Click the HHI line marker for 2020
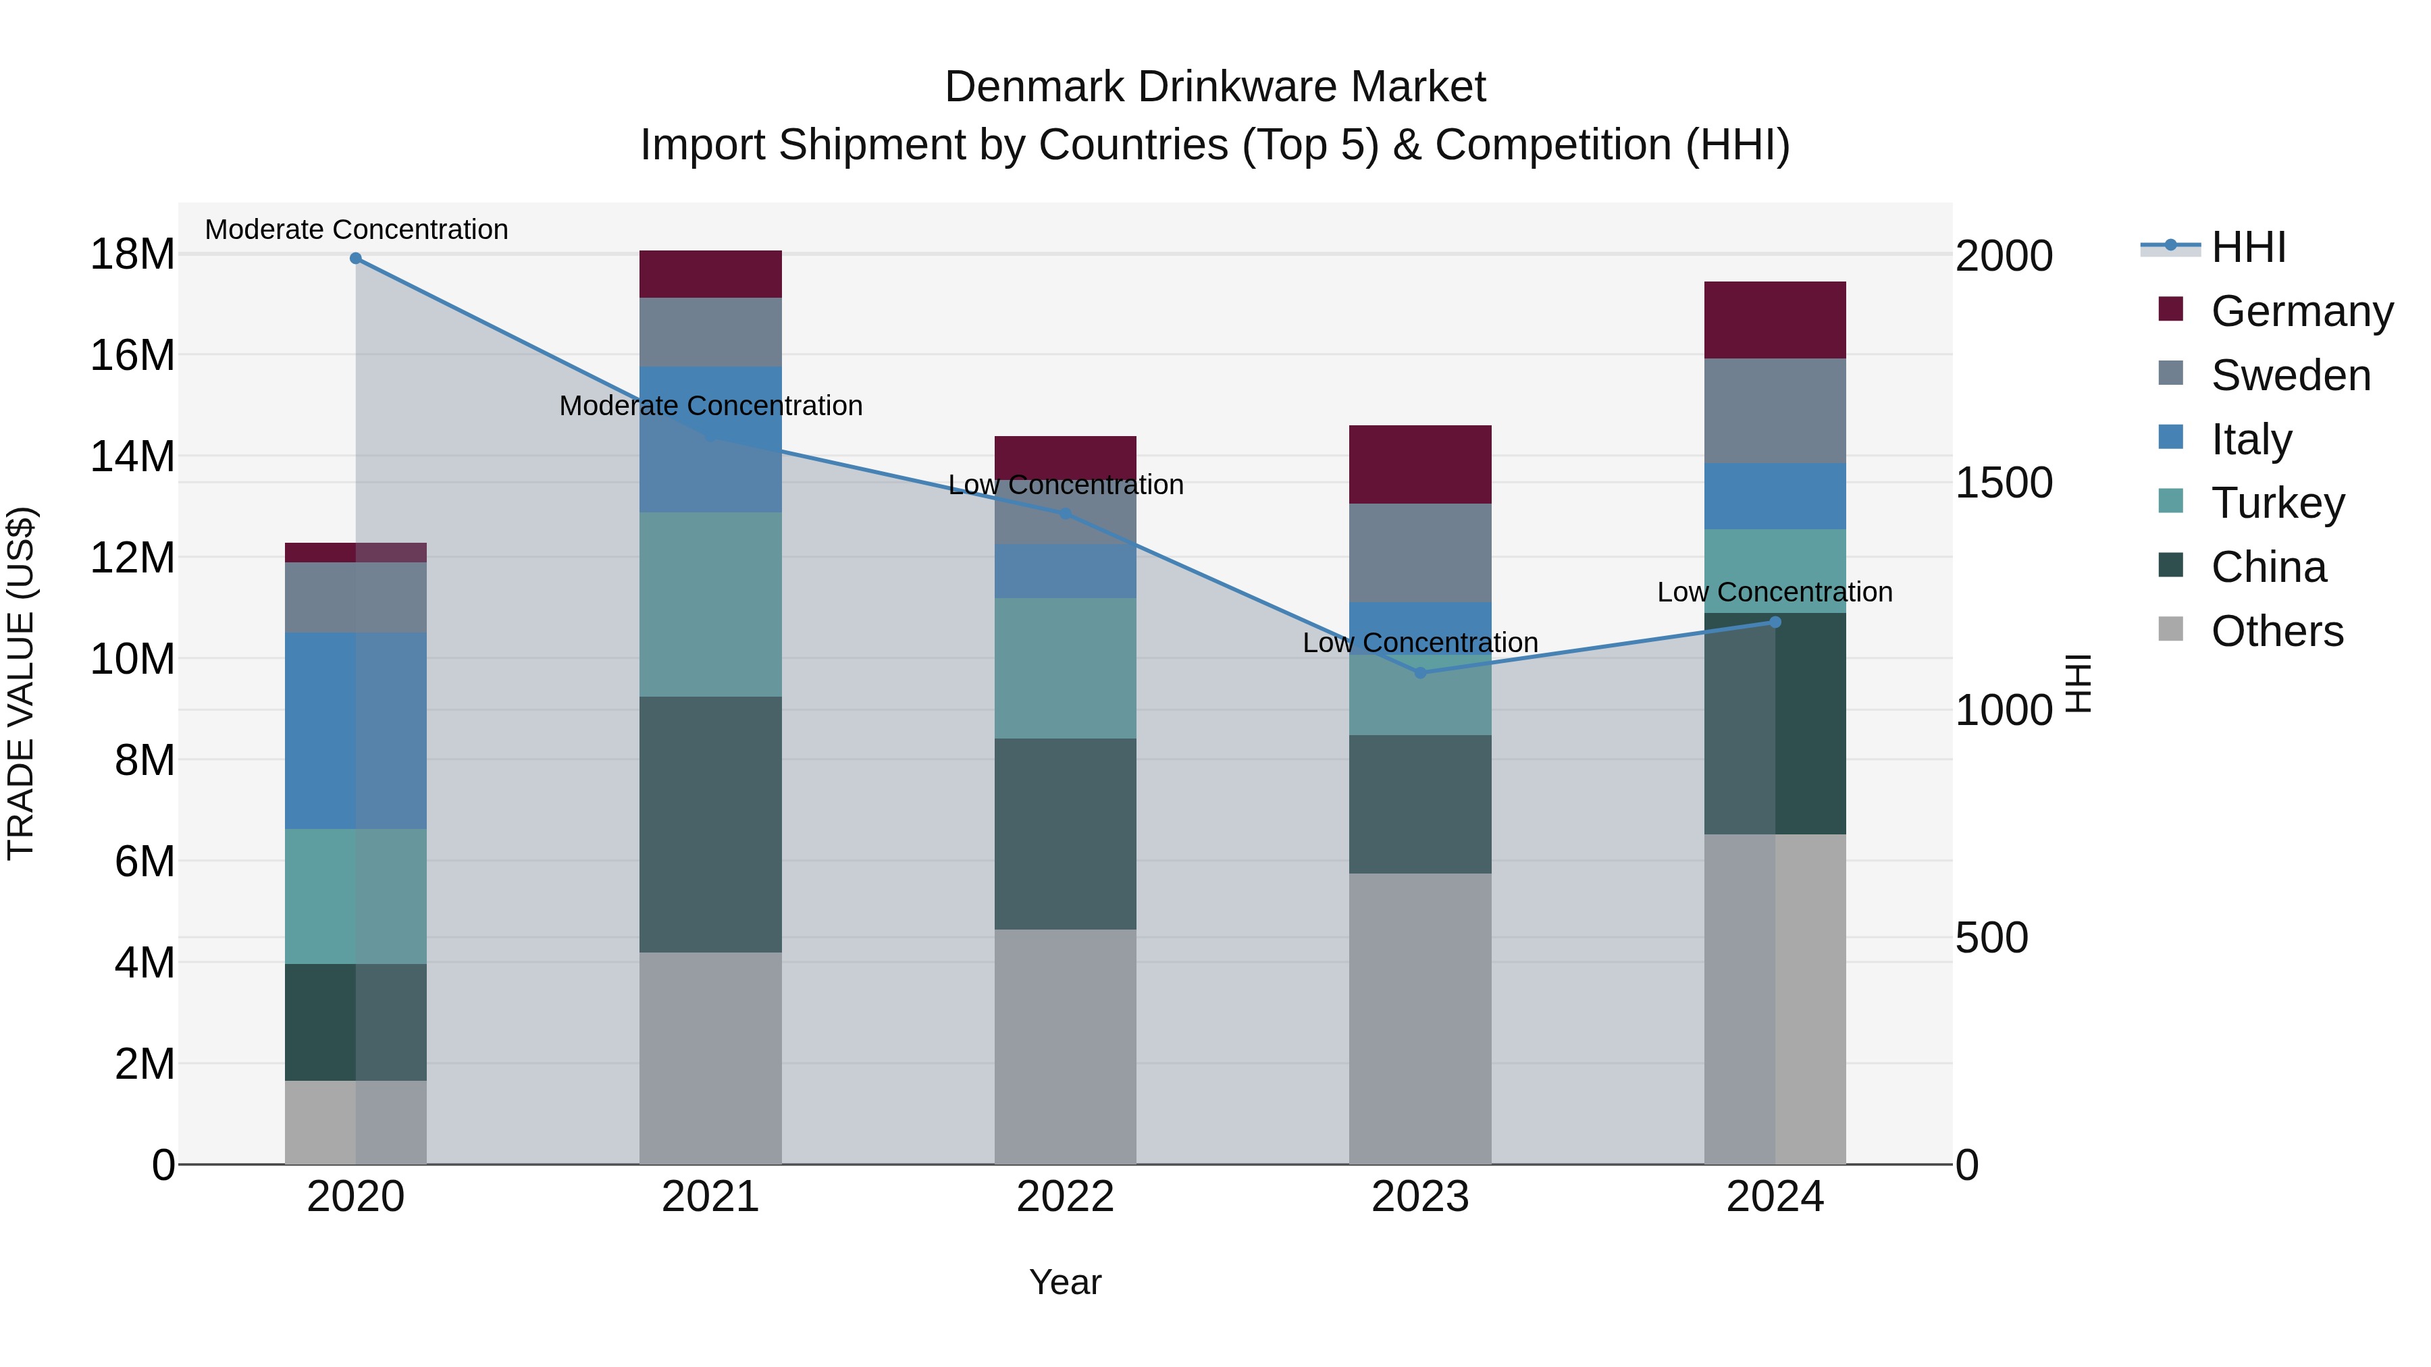point(356,259)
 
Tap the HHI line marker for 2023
point(1420,672)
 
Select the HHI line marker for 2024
point(1775,622)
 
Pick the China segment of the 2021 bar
point(710,824)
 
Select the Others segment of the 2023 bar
point(1420,1018)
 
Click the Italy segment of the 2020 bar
point(356,730)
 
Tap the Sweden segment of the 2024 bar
point(1775,410)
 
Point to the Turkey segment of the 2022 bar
point(1066,668)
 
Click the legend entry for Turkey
point(2277,503)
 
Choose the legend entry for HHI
point(2248,247)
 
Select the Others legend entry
point(2276,631)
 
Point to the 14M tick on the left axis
point(132,456)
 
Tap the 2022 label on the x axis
point(1066,1197)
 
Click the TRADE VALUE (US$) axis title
point(21,683)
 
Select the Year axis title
point(1066,1282)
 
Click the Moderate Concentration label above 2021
point(710,406)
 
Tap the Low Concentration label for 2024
point(1775,593)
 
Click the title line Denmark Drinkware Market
point(1215,87)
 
